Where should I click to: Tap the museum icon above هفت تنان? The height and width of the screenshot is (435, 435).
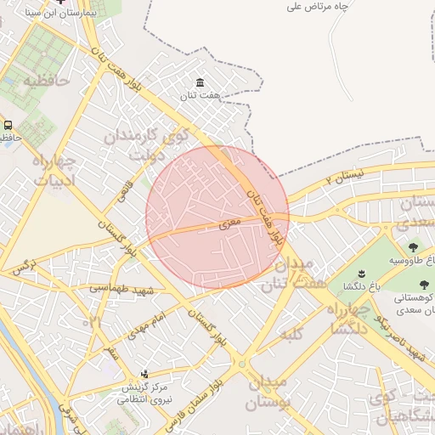[200, 82]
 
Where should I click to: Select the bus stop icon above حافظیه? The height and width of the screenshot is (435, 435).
[8, 125]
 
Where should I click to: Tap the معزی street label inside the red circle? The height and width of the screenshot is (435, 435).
[229, 223]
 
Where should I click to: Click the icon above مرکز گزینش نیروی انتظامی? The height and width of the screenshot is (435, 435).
[144, 373]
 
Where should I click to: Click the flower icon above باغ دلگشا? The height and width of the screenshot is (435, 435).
[360, 273]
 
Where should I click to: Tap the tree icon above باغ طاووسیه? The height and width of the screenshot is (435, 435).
[413, 247]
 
